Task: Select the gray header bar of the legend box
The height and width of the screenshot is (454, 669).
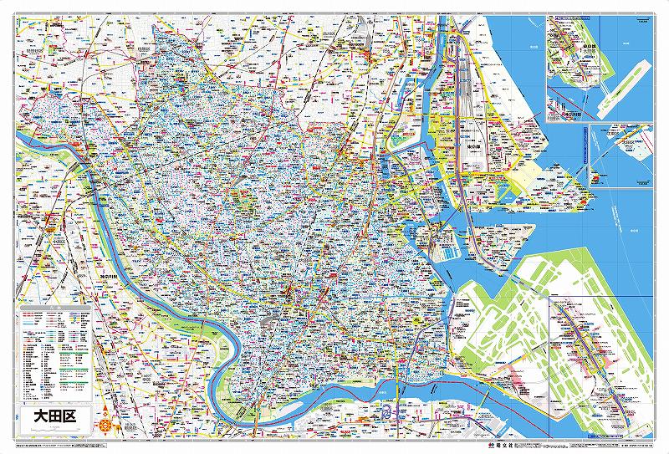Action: point(55,312)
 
